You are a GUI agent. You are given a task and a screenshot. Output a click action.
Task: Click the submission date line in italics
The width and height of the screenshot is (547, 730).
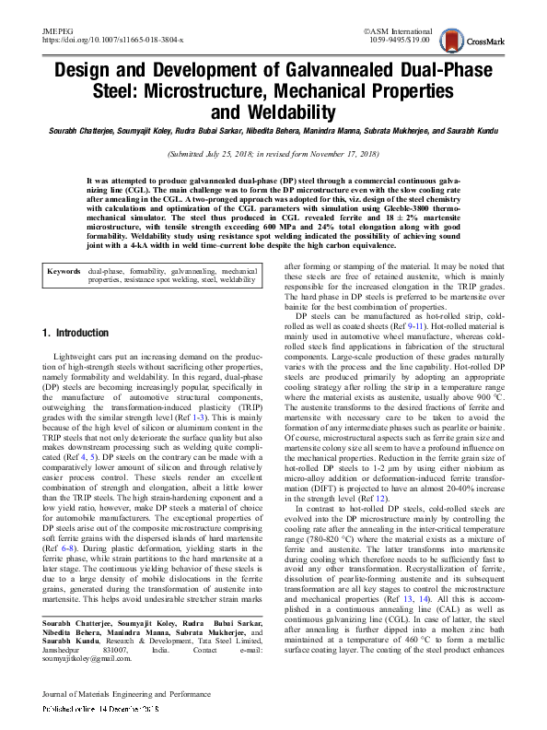click(273, 155)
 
